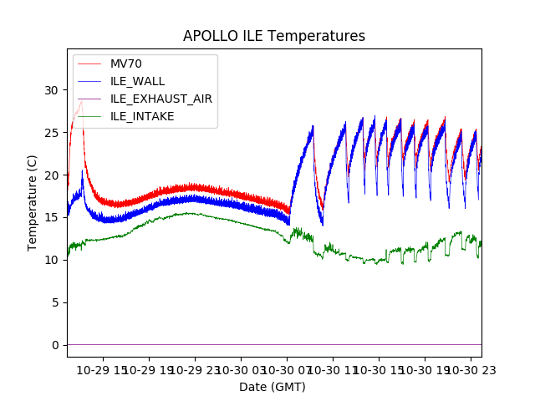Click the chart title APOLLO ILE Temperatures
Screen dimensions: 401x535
point(273,37)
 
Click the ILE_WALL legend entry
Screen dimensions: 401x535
point(137,81)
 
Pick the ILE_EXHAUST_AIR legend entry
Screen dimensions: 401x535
point(160,99)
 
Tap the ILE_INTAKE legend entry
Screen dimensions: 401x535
point(142,116)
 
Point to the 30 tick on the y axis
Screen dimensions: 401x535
point(52,90)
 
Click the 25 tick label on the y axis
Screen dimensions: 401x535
point(52,133)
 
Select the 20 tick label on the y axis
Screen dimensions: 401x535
point(52,175)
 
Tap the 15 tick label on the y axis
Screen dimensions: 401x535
point(52,218)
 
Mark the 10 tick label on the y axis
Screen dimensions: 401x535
point(52,260)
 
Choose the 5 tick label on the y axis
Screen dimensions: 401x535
point(55,302)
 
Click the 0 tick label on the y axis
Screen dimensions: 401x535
point(55,345)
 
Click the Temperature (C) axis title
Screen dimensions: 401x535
point(33,203)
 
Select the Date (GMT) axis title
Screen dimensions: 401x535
point(273,387)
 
